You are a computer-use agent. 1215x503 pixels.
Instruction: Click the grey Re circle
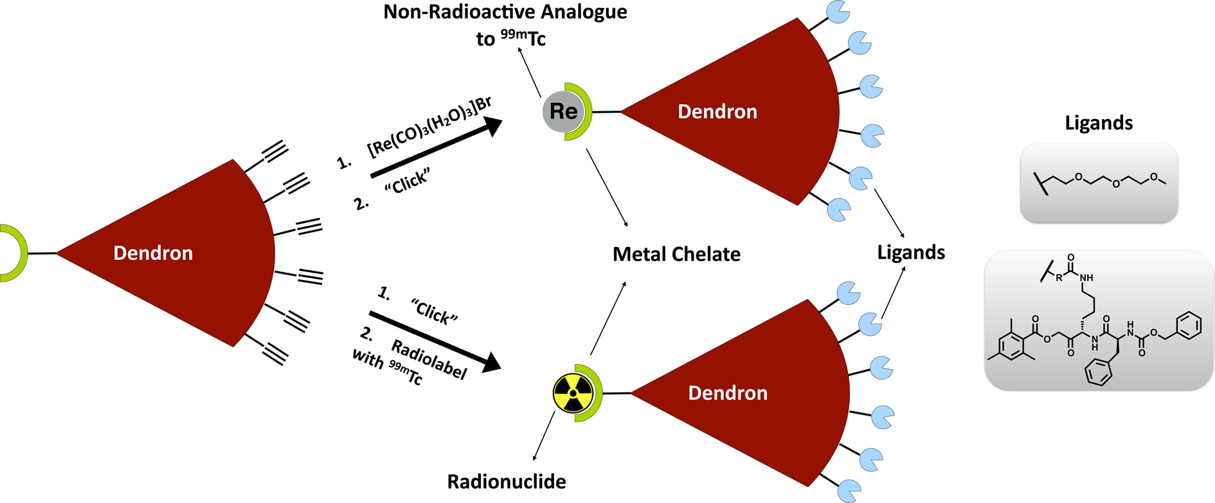pos(562,112)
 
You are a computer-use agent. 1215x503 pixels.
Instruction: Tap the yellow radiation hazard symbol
pos(573,393)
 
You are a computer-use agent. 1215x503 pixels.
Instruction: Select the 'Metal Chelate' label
pos(676,254)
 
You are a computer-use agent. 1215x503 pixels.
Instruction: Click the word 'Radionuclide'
pos(507,482)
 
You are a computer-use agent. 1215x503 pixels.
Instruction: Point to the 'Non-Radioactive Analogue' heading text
pos(505,12)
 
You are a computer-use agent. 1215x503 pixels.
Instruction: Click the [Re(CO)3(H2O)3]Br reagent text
pos(429,126)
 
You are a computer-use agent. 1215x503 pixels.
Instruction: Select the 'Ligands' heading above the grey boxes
pos(1098,123)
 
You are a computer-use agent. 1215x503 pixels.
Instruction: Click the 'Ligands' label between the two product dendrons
pos(910,252)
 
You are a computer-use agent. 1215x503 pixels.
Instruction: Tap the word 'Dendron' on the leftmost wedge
pos(153,253)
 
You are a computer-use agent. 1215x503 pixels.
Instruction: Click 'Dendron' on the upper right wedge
pos(717,112)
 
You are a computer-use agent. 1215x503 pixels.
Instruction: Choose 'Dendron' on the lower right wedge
pos(728,393)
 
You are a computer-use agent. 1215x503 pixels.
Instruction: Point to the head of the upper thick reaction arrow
pos(494,125)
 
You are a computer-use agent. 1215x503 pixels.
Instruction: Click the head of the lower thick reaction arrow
pos(492,363)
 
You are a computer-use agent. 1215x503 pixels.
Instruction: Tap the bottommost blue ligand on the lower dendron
pos(849,491)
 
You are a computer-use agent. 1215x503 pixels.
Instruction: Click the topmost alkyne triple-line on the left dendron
pos(274,152)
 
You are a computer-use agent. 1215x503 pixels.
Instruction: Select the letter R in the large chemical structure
pos(1059,278)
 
